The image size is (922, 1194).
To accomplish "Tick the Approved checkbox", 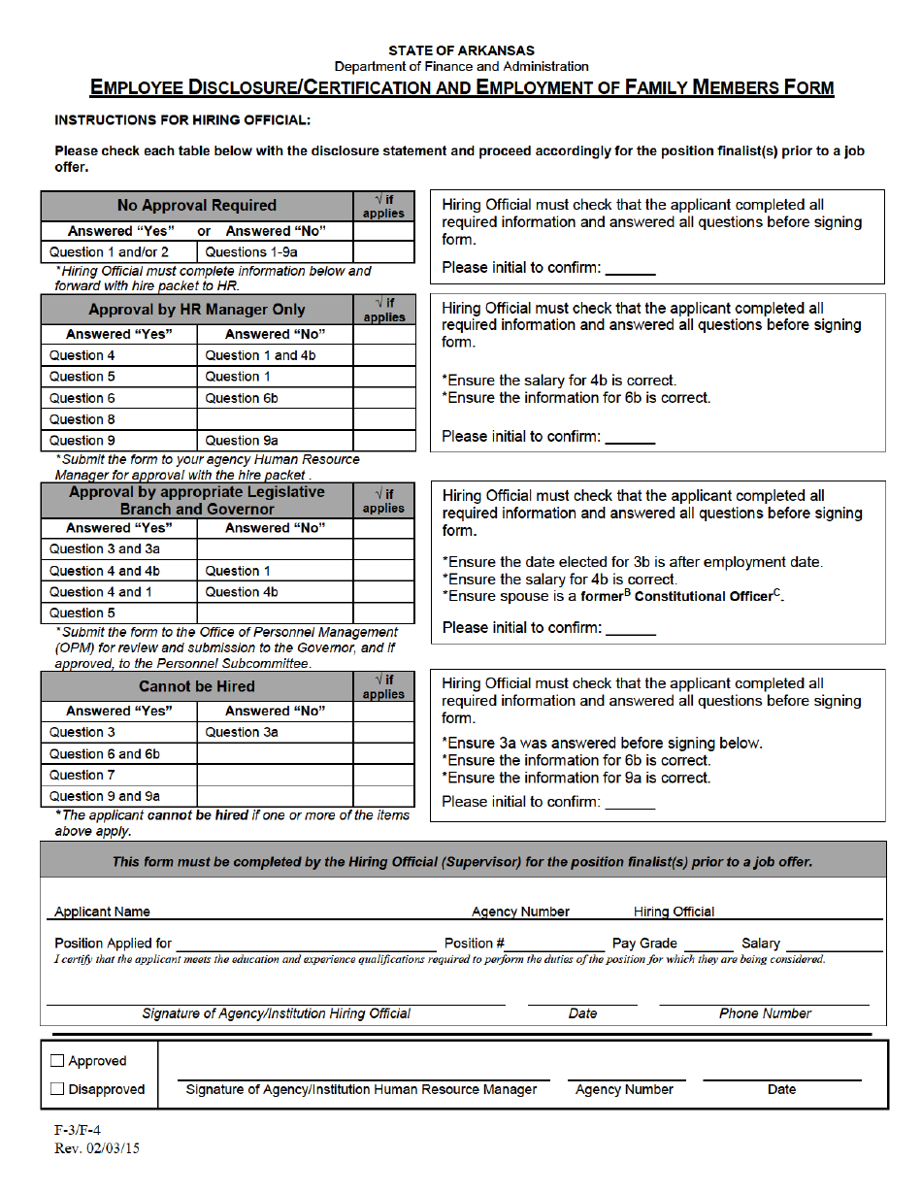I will coord(57,1061).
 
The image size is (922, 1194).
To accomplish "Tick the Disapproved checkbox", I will coord(57,1089).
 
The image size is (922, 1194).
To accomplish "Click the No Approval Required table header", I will coord(197,206).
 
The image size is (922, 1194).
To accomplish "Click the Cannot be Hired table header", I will coord(197,686).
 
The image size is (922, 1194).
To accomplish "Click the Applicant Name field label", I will coord(102,912).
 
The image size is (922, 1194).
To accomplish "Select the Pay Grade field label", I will coord(644,943).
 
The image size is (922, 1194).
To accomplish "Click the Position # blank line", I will coord(554,945).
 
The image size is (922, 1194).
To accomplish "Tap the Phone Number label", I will coord(765,1013).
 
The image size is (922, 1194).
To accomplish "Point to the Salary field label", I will coord(761,943).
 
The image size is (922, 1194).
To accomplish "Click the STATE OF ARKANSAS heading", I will coord(461,50).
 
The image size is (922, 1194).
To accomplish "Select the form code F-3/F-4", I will coord(77,1131).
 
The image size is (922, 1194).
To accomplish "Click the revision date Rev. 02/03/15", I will coord(97,1147).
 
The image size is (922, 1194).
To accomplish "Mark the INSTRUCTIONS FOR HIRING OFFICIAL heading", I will coord(182,120).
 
